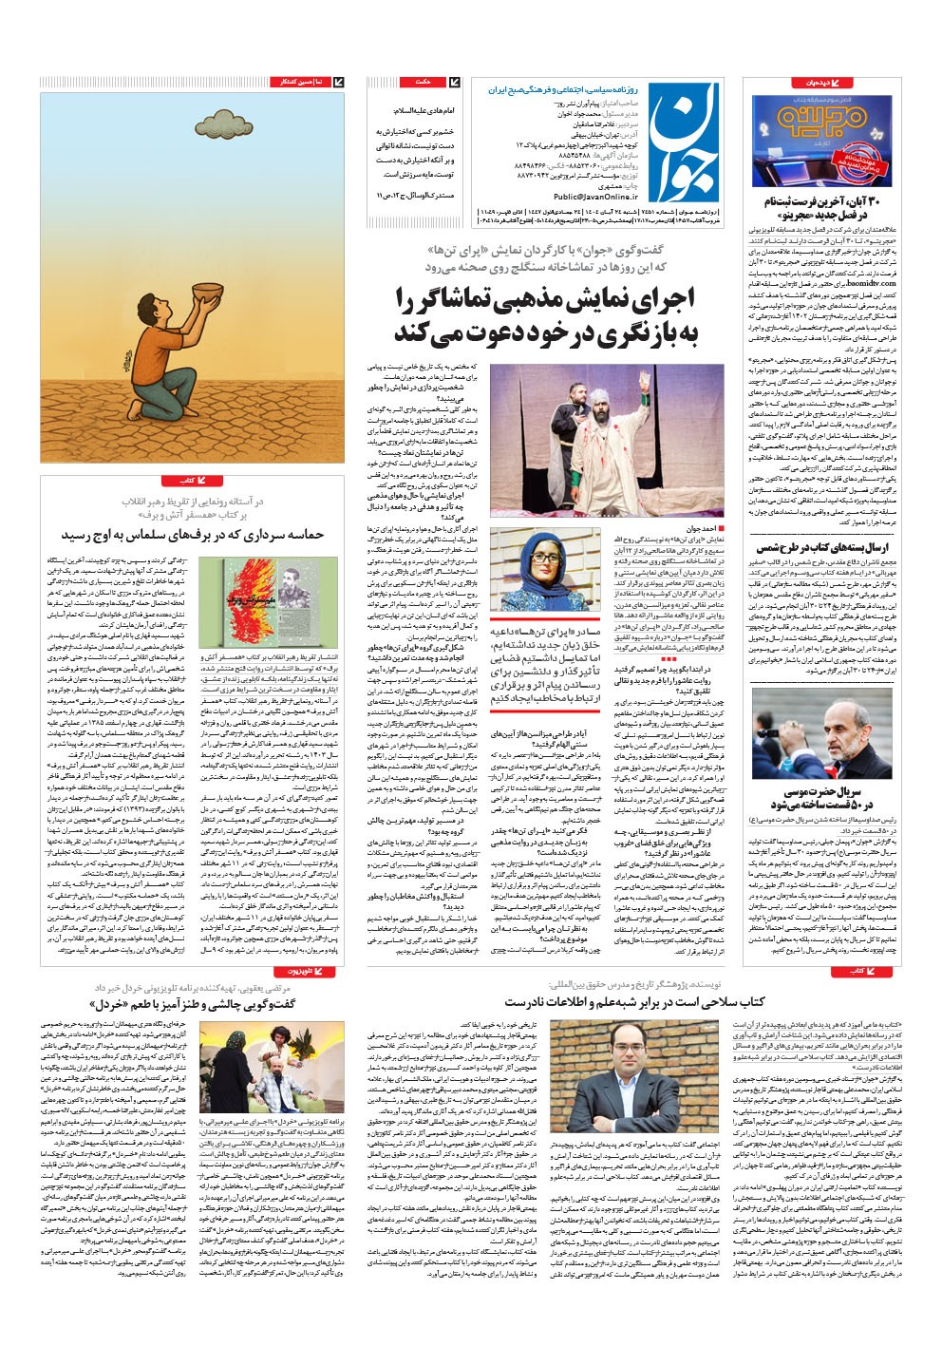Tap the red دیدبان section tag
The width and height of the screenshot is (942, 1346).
pos(815,84)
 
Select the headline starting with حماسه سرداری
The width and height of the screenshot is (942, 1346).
pos(195,536)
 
